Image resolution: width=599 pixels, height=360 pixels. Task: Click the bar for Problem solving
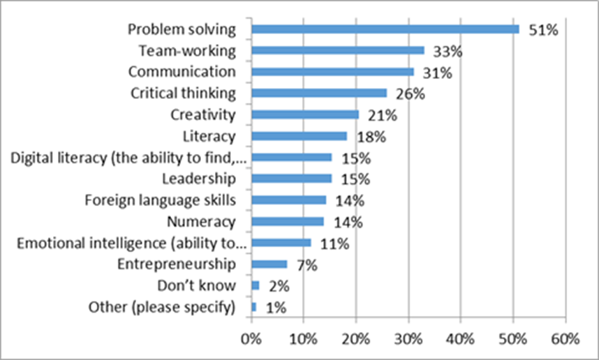[x=385, y=29]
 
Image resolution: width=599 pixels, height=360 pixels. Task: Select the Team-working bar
[x=338, y=50]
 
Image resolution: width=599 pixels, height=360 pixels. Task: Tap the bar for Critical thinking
[x=319, y=93]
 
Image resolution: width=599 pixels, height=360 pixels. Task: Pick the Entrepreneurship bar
[x=269, y=264]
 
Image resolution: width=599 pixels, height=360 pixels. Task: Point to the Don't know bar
[x=255, y=285]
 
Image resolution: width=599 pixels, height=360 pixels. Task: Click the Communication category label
[x=182, y=72]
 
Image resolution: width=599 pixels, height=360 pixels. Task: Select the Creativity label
[x=203, y=114]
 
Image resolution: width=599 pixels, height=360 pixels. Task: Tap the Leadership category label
[x=199, y=179]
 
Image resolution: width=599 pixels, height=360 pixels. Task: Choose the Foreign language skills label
[x=160, y=200]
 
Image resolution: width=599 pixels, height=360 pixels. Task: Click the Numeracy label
[x=202, y=222]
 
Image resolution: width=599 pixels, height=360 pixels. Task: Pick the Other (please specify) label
[x=161, y=307]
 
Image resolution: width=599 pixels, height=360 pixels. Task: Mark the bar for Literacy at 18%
[x=299, y=136]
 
